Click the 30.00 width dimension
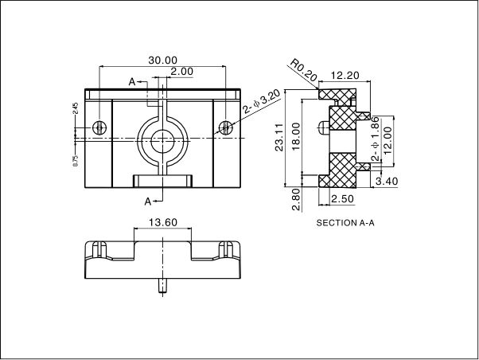[x=163, y=60]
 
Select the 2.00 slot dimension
[x=181, y=72]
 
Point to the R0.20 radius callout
[x=303, y=70]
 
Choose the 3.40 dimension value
[x=385, y=182]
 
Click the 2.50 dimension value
[x=342, y=198]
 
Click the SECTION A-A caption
[x=345, y=223]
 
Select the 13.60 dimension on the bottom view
[x=162, y=222]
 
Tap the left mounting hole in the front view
[x=99, y=127]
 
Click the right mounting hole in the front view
[x=227, y=127]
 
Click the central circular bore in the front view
[x=163, y=138]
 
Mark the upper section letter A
[x=133, y=81]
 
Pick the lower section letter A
[x=148, y=201]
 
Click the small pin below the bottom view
[x=163, y=284]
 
